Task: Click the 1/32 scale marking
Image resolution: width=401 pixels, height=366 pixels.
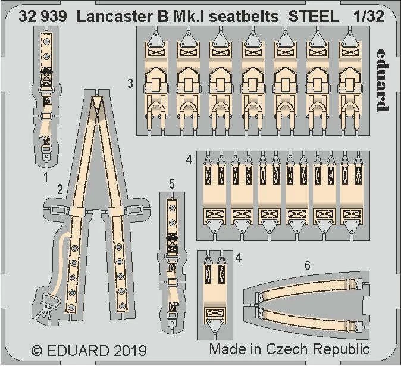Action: tap(368, 17)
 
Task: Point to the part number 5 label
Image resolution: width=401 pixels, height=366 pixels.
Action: tap(171, 185)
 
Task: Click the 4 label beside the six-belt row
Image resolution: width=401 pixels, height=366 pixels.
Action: tap(188, 160)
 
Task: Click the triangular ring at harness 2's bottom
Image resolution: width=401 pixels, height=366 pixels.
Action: tap(48, 305)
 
